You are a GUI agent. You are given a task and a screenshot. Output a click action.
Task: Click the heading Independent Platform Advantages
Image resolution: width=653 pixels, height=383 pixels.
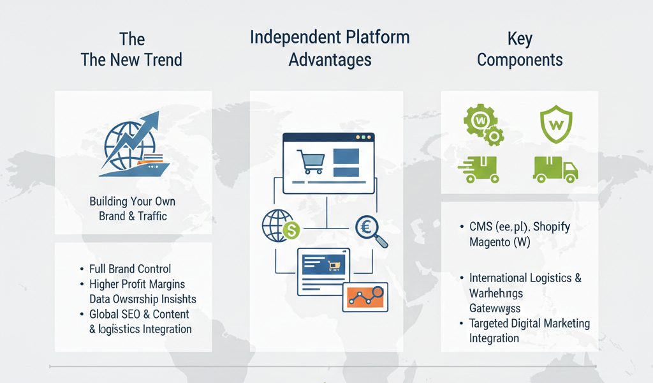[x=329, y=49]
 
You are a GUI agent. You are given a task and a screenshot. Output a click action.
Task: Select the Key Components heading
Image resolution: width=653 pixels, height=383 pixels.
[x=520, y=50]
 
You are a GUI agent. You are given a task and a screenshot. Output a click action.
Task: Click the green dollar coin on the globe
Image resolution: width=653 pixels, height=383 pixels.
[x=291, y=230]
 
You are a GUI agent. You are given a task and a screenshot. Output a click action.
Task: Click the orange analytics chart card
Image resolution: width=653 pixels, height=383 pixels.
[x=365, y=297]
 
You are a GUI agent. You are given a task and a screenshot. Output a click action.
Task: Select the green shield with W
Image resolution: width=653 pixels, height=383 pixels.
[x=557, y=124]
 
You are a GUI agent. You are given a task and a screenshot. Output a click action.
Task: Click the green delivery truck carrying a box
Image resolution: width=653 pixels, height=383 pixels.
[x=555, y=169]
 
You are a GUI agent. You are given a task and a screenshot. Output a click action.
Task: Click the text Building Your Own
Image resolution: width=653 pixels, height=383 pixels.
[x=133, y=202]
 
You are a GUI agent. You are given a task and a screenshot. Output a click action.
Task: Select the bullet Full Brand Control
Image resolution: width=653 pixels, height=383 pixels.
[x=131, y=269]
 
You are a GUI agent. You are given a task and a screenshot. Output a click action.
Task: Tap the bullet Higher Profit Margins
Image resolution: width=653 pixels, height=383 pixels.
[x=137, y=284]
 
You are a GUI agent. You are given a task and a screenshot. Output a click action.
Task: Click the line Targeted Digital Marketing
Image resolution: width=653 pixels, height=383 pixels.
[x=529, y=324]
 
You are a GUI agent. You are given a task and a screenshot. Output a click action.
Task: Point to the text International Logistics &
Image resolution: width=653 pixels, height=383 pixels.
[x=525, y=278]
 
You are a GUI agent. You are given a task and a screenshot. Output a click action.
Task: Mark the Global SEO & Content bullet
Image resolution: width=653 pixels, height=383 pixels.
[x=139, y=314]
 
